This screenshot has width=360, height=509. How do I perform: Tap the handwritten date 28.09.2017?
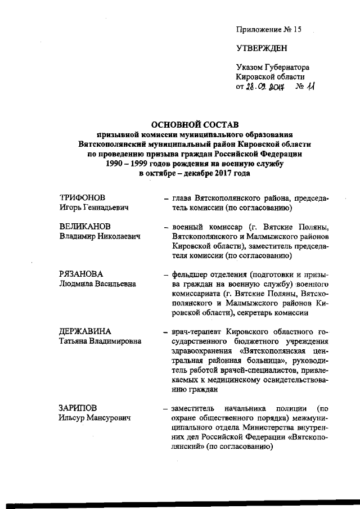point(267,88)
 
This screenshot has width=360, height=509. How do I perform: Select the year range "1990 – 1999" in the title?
point(129,164)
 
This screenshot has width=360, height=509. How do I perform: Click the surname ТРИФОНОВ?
point(83,198)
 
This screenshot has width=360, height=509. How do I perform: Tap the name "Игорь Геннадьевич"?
point(94,208)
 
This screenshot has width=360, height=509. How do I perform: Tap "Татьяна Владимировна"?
point(100,341)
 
